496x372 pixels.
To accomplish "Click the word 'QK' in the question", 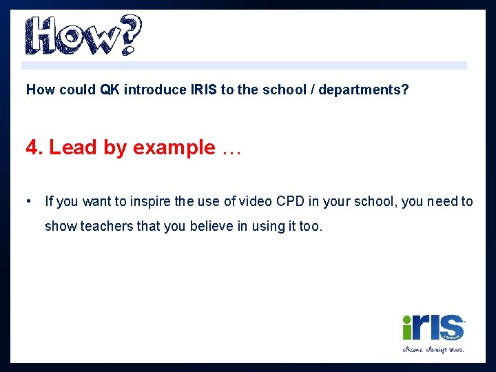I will (x=110, y=90).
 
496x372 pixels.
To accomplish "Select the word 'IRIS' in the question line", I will (x=204, y=90).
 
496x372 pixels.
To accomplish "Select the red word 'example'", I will (x=174, y=148).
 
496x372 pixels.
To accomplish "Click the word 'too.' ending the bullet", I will (x=311, y=226).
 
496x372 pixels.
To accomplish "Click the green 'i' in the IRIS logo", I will (x=408, y=327).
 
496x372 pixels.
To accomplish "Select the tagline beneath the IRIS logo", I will (x=433, y=349).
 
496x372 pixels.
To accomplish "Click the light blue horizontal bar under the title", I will (x=244, y=65).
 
